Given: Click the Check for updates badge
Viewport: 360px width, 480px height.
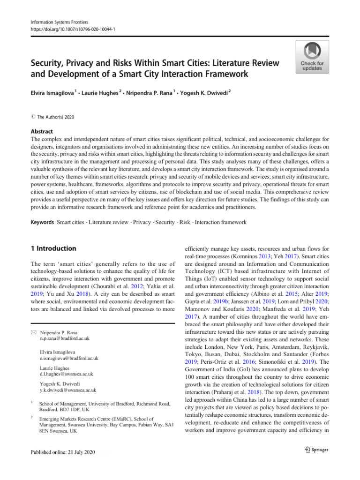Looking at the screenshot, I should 312,57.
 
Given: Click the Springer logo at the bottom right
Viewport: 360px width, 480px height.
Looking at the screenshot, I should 315,450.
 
